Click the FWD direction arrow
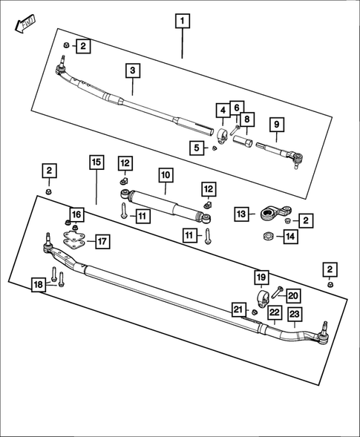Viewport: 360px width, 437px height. click(x=23, y=24)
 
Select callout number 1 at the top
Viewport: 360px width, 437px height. click(x=182, y=21)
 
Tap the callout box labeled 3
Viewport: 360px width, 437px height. click(x=132, y=71)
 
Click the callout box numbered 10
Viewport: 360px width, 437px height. click(x=165, y=175)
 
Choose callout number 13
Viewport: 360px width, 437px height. click(x=240, y=214)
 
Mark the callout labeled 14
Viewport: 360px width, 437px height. click(x=289, y=237)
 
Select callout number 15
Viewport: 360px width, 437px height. click(x=95, y=162)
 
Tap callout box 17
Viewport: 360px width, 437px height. click(x=102, y=241)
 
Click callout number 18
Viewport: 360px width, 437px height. click(x=38, y=283)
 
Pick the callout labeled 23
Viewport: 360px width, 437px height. click(x=294, y=314)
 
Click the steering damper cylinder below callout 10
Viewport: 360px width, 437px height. click(x=167, y=206)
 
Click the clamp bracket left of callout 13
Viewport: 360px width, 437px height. click(x=270, y=214)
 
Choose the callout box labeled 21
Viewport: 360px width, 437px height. click(x=238, y=309)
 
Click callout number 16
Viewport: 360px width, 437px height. click(x=76, y=214)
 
